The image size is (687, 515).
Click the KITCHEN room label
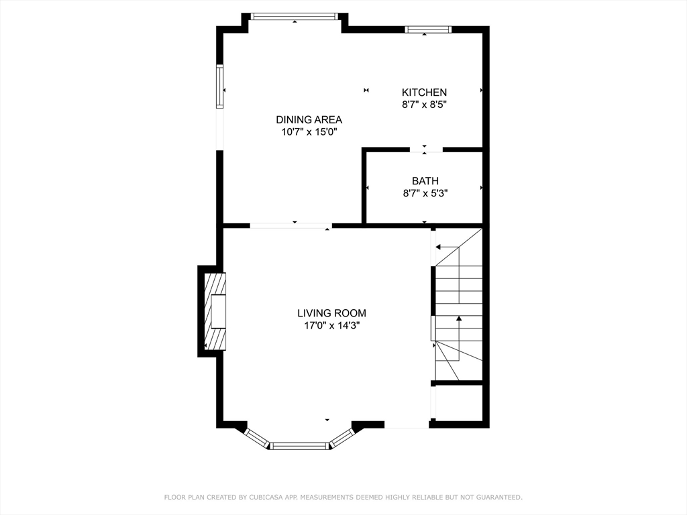424,93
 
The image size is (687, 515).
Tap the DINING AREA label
309,119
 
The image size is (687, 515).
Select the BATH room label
425,181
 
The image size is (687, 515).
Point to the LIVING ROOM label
331,313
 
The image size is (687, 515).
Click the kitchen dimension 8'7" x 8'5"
424,105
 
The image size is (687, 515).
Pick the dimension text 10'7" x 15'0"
309,132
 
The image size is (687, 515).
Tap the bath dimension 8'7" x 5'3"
425,193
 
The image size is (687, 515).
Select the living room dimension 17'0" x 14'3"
331,325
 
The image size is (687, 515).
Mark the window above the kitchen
428,30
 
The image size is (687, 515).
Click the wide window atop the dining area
295,17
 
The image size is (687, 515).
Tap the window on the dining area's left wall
220,87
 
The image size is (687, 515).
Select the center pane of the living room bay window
299,446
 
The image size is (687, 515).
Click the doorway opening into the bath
426,150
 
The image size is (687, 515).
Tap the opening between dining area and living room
291,225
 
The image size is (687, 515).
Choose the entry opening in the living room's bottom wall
407,424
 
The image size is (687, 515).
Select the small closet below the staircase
459,402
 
